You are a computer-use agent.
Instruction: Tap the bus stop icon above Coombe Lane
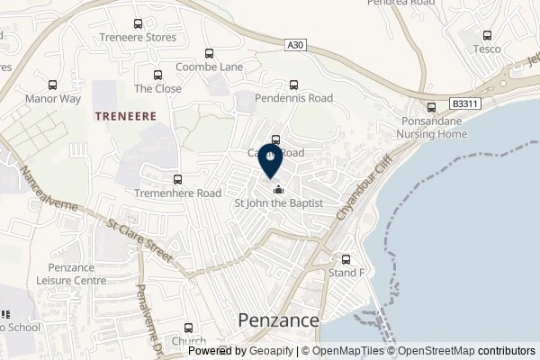point(209,53)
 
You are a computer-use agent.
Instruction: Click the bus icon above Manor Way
point(53,85)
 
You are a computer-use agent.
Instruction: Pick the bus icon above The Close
point(157,76)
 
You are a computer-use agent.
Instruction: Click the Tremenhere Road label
point(177,193)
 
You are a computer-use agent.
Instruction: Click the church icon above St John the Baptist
point(278,190)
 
